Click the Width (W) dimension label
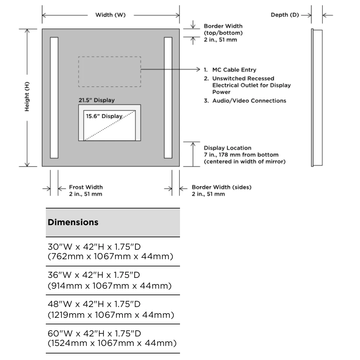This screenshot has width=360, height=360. pyautogui.click(x=110, y=15)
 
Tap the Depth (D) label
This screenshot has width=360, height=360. pyautogui.click(x=285, y=15)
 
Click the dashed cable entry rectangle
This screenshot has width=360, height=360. pyautogui.click(x=109, y=72)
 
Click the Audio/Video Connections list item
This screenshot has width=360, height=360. pyautogui.click(x=245, y=100)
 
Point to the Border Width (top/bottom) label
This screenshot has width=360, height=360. pyautogui.click(x=223, y=33)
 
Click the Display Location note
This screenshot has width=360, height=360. pyautogui.click(x=244, y=154)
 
